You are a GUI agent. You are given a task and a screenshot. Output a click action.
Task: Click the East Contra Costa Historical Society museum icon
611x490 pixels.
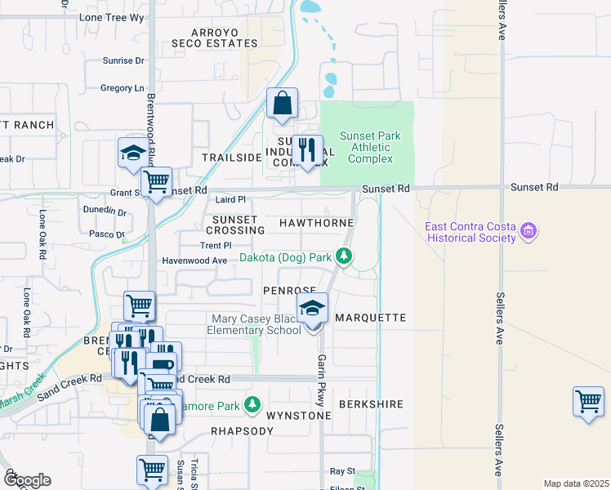(x=529, y=232)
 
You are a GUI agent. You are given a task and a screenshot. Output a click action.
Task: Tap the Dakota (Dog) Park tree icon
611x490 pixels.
(x=345, y=257)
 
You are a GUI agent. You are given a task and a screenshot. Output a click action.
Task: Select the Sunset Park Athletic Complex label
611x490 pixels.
(x=370, y=147)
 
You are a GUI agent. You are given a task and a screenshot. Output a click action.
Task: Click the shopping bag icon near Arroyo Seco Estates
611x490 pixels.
(x=281, y=104)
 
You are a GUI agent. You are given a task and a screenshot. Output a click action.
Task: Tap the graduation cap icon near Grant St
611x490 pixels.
(x=132, y=153)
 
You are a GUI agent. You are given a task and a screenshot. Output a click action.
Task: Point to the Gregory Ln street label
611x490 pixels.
(x=122, y=87)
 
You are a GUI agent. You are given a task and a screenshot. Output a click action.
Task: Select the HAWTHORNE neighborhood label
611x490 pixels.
(x=316, y=222)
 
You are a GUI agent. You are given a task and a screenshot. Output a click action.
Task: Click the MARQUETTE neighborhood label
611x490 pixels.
(x=370, y=317)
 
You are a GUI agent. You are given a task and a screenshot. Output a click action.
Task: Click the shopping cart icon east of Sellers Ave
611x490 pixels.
(x=587, y=401)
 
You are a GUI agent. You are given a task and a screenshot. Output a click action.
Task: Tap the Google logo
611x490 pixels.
(x=26, y=480)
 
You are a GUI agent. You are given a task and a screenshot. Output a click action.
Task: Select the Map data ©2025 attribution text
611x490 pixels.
(x=575, y=483)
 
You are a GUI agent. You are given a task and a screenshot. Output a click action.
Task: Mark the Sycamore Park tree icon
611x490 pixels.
(x=253, y=404)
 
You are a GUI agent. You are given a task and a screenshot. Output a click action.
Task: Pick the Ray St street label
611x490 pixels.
(x=342, y=471)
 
